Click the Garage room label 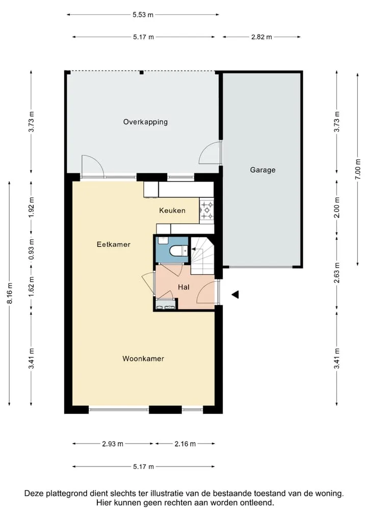tap(263, 170)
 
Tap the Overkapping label tap(145, 122)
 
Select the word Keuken tap(172, 211)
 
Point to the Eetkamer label tap(114, 245)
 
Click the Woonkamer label tap(143, 359)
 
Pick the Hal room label tap(183, 287)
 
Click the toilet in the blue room tap(178, 251)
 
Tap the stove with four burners tap(207, 211)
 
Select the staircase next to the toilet tap(202, 255)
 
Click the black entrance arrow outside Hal tap(235, 294)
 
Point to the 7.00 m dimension tap(358, 169)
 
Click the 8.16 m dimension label tap(10, 293)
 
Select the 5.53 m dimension tap(143, 15)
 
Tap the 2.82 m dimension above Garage tap(261, 37)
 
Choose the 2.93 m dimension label tap(113, 444)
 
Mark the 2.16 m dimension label tap(185, 444)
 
